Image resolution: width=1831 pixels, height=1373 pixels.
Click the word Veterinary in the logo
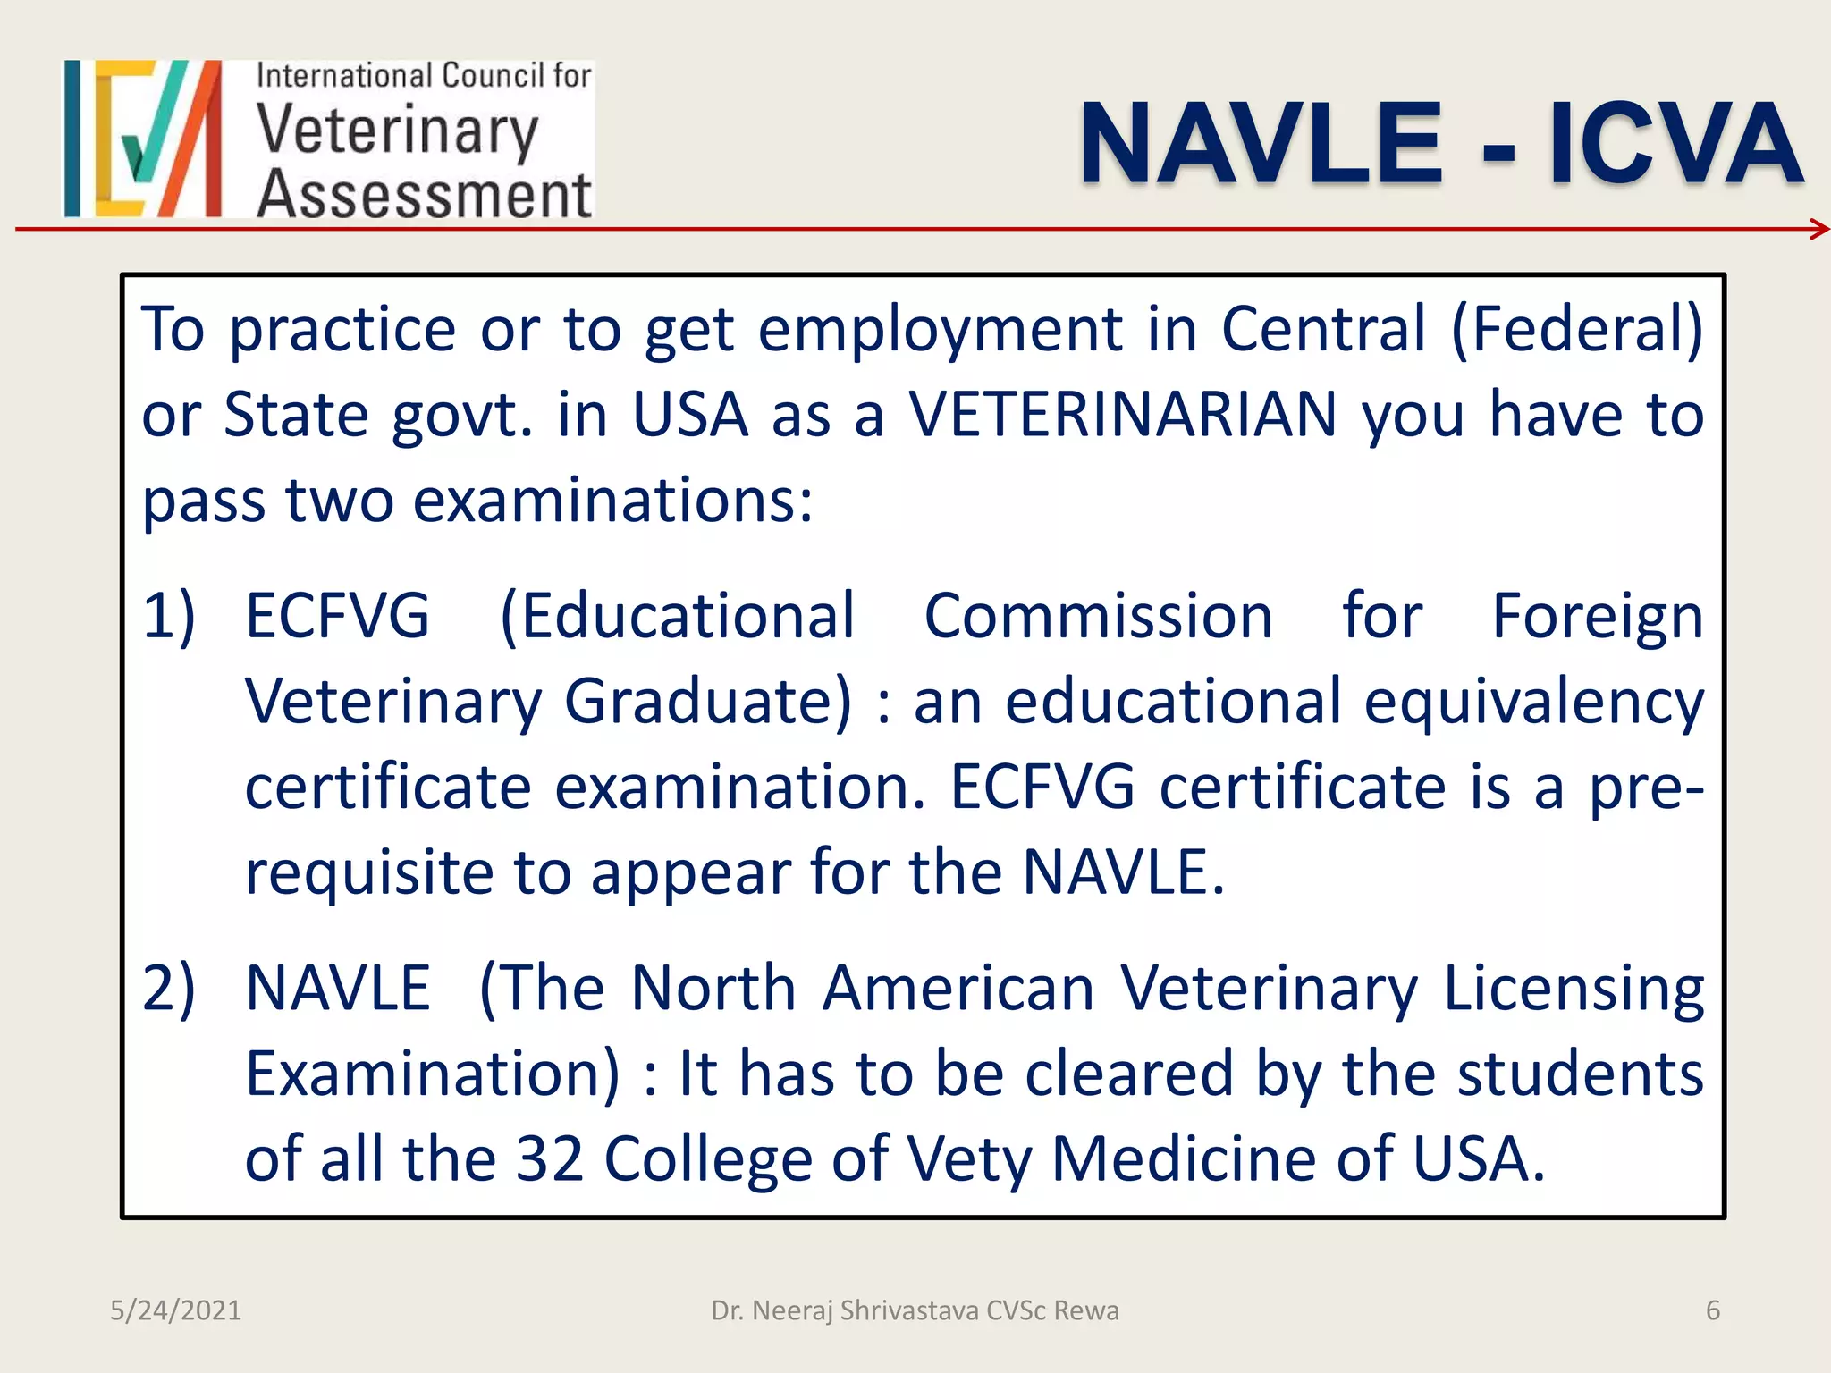[398, 132]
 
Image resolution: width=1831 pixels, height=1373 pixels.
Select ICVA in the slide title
[1675, 143]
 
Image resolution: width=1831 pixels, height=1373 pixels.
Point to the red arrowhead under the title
[1818, 230]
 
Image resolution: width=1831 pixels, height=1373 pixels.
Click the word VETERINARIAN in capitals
[1123, 415]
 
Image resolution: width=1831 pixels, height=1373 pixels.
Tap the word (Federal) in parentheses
[1577, 329]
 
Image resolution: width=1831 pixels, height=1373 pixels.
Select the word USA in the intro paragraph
[690, 415]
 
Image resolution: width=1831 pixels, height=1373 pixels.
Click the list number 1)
[169, 616]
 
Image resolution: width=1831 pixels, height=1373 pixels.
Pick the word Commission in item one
[1098, 616]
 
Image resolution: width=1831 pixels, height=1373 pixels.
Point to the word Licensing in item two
[1574, 990]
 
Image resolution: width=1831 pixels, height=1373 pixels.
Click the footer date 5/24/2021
[175, 1310]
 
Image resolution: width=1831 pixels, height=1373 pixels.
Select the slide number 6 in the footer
[1713, 1310]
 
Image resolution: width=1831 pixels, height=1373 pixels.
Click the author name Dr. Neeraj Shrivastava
[845, 1310]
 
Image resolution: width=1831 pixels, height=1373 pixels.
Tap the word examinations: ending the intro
[613, 501]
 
